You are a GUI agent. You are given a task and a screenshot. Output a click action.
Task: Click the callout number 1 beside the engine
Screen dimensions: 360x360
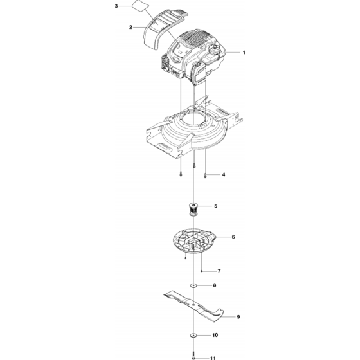click(x=244, y=53)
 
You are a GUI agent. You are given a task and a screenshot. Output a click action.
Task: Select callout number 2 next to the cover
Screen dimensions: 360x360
click(x=130, y=27)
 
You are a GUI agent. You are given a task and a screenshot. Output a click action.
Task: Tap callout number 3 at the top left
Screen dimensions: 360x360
click(x=116, y=6)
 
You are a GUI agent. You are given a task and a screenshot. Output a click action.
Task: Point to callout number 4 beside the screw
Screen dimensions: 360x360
click(x=224, y=174)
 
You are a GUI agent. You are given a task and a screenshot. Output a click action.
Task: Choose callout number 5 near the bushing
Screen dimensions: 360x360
click(x=215, y=206)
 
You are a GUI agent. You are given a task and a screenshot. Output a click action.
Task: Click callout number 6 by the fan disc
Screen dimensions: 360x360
click(x=233, y=237)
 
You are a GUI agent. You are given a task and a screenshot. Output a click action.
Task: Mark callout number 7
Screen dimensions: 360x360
click(x=219, y=271)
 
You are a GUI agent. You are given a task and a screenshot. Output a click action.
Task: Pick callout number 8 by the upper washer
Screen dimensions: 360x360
click(x=215, y=285)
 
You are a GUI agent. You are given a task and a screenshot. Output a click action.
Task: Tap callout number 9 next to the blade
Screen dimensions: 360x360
click(x=239, y=317)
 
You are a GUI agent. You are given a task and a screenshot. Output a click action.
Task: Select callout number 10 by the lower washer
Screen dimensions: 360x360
click(x=215, y=335)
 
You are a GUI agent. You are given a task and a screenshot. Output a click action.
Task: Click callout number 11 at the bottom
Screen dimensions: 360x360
click(x=213, y=358)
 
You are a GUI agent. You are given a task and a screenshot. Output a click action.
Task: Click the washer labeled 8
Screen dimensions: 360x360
click(x=194, y=285)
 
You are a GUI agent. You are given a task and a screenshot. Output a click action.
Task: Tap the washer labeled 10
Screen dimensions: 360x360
click(x=194, y=335)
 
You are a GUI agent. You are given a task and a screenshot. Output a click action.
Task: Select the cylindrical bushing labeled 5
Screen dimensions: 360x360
click(x=194, y=210)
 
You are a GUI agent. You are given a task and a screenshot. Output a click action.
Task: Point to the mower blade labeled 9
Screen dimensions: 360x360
click(x=194, y=306)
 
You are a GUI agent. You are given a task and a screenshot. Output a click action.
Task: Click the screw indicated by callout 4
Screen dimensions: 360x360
click(x=205, y=175)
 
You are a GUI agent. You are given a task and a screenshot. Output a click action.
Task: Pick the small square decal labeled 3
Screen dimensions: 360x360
click(x=140, y=5)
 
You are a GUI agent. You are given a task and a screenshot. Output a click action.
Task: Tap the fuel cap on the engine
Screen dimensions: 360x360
click(x=215, y=49)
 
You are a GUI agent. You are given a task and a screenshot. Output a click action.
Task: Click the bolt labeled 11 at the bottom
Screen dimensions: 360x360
click(x=194, y=355)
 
